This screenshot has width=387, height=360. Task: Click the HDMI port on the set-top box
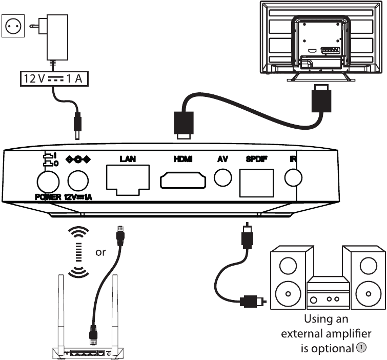[x=183, y=180]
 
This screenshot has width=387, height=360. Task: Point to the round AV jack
[x=223, y=178]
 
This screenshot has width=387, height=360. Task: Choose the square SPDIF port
[x=255, y=181]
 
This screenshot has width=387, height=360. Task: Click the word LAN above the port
[x=127, y=159]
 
